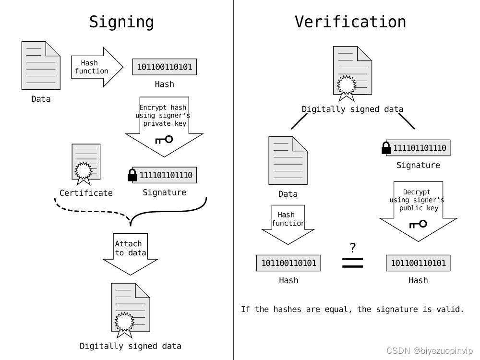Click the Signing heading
pyautogui.click(x=121, y=22)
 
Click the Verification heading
pyautogui.click(x=350, y=22)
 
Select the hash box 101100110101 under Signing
pyautogui.click(x=165, y=67)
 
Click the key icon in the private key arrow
pyautogui.click(x=164, y=140)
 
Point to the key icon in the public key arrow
pyautogui.click(x=418, y=224)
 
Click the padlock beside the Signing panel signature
pyautogui.click(x=132, y=175)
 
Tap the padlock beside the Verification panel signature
pyautogui.click(x=386, y=148)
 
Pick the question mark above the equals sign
pyautogui.click(x=353, y=248)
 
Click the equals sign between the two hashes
pyautogui.click(x=353, y=263)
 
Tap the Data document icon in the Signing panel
pyautogui.click(x=41, y=65)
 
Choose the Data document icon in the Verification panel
pyautogui.click(x=288, y=161)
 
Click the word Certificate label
pyautogui.click(x=86, y=193)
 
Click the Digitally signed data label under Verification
pyautogui.click(x=352, y=109)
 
